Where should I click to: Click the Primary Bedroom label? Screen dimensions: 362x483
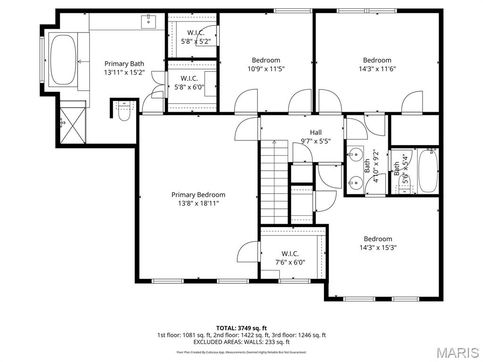point(198,195)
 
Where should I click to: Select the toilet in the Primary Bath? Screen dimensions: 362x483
point(124,112)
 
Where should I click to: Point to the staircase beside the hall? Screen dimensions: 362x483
point(274,181)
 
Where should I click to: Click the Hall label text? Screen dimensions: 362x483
point(316,132)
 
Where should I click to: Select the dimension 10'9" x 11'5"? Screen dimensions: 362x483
point(266,68)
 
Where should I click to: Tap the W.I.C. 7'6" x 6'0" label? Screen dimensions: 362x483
point(290,258)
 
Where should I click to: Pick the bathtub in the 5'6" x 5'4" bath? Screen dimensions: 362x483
point(428,171)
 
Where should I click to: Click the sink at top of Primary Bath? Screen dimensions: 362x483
point(149,20)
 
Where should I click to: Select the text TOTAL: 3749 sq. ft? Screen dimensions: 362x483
point(241,328)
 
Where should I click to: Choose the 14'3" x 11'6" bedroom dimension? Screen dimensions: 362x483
point(377,68)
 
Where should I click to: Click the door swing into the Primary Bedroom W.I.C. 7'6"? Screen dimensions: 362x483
point(249,252)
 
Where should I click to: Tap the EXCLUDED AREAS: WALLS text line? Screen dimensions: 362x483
point(241,342)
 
